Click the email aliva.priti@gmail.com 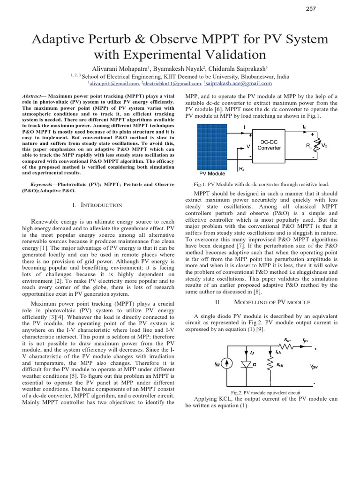[114, 84]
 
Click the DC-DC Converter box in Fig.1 [270, 144]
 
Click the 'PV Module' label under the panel [209, 173]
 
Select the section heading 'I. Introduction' [98, 205]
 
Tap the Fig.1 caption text [257, 185]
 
